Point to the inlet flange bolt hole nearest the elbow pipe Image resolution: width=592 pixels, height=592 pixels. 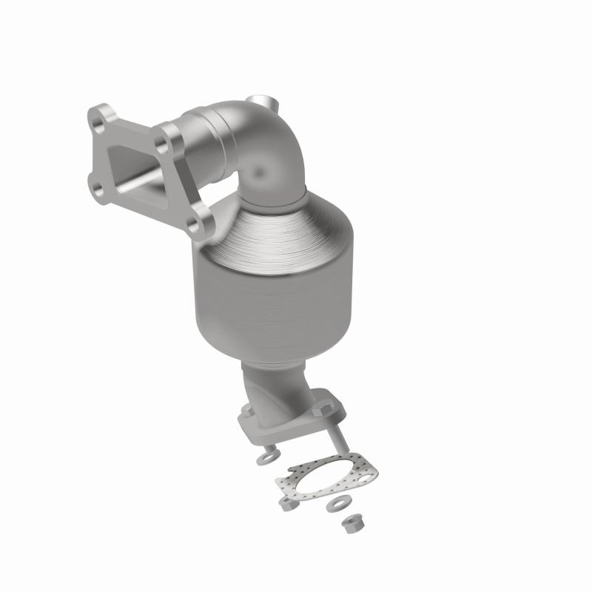pos(173,137)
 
